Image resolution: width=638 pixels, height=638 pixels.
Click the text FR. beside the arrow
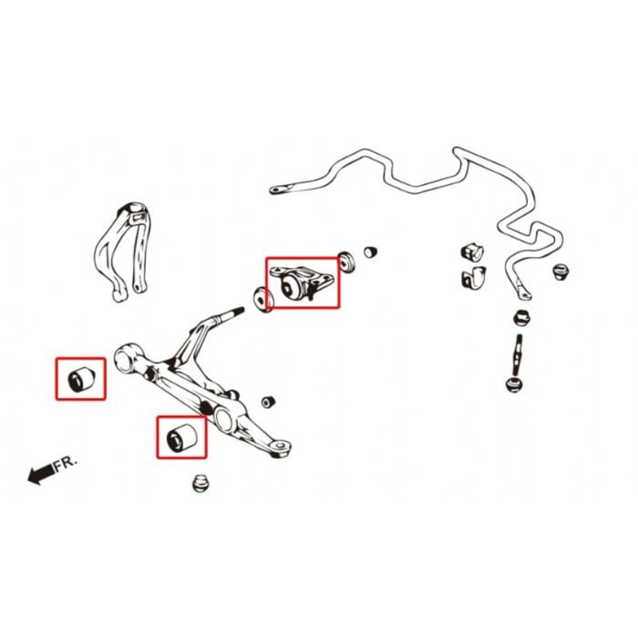point(65,464)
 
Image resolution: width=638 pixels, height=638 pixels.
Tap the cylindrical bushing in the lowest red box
point(182,437)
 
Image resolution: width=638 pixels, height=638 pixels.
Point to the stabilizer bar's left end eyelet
point(278,190)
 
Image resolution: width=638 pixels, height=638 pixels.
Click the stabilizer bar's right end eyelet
point(525,293)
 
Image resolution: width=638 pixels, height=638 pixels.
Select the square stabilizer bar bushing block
point(472,252)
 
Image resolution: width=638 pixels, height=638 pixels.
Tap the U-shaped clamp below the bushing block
point(474,278)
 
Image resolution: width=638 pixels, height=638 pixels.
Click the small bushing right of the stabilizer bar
point(561,271)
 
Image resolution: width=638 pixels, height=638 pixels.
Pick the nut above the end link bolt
point(522,318)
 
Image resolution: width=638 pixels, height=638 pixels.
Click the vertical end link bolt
point(518,356)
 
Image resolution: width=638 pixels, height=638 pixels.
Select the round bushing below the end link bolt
point(514,385)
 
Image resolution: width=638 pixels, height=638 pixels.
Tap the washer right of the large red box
point(347,262)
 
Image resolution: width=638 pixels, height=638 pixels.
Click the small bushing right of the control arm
point(268,402)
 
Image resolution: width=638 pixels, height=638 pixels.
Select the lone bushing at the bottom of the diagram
point(200,483)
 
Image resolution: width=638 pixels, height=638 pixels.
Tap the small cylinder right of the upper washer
point(370,252)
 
